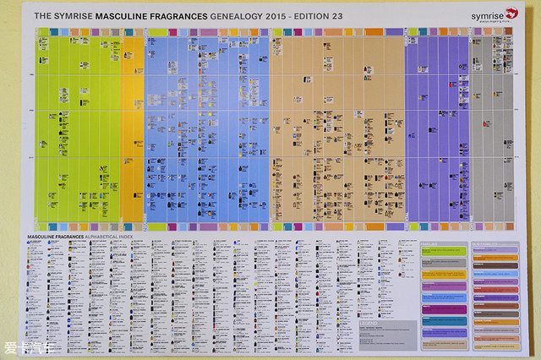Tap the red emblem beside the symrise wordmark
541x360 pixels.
(510, 13)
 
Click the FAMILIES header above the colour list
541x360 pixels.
(429, 244)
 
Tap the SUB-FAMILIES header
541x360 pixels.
(485, 244)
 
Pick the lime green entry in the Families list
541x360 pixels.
(443, 252)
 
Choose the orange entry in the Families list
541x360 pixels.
(443, 274)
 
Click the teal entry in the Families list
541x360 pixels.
(443, 320)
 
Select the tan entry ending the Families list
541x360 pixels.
(443, 343)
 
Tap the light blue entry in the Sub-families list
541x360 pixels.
(495, 274)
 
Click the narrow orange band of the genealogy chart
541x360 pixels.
(133, 127)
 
